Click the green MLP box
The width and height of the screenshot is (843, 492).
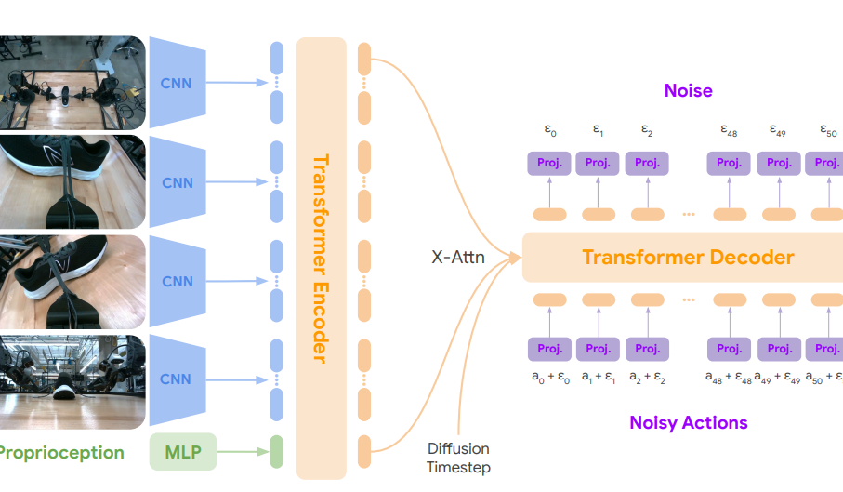(182, 453)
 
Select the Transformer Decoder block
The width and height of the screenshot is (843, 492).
(687, 257)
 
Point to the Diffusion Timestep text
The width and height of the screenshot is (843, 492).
(458, 458)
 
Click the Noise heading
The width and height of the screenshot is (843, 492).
(688, 90)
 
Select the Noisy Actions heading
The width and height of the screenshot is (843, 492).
(688, 422)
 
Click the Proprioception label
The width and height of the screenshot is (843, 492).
(61, 453)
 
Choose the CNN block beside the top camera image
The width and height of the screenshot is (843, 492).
(177, 84)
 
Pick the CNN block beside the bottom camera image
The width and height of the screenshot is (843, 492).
(177, 379)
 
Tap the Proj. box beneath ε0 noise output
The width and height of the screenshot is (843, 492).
(549, 164)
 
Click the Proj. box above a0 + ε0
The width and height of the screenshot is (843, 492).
(549, 350)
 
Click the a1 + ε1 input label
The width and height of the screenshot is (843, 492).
(598, 378)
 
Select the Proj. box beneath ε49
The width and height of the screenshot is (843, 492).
(778, 164)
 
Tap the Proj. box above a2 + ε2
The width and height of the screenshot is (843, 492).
(646, 350)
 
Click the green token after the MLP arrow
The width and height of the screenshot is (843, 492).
(275, 453)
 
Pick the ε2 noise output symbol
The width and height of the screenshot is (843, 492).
(646, 130)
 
